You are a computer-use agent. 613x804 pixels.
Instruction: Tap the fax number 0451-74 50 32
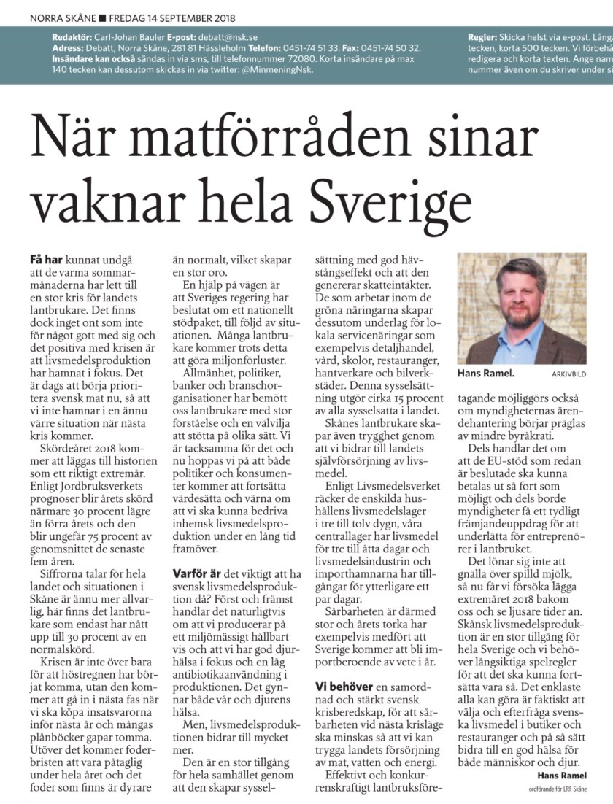coord(393,47)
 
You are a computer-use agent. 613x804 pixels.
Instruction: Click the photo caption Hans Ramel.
coord(485,374)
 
